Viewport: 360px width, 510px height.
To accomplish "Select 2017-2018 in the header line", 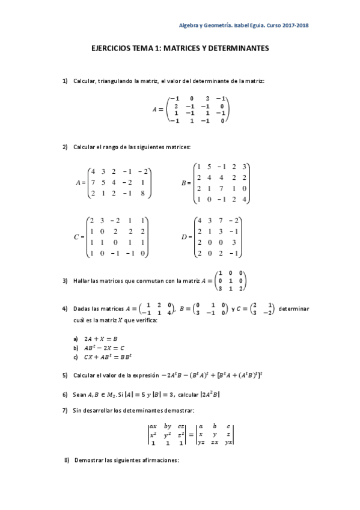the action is pyautogui.click(x=294, y=25).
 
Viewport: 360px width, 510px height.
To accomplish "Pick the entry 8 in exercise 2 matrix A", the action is pyautogui.click(x=144, y=193).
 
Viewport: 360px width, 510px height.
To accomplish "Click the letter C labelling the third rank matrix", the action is pyautogui.click(x=76, y=237).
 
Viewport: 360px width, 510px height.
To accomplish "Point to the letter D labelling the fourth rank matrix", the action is pyautogui.click(x=185, y=237).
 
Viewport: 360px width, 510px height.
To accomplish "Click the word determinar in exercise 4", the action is pyautogui.click(x=294, y=309).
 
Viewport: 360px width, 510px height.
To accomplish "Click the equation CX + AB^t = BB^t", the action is pyautogui.click(x=113, y=357).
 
